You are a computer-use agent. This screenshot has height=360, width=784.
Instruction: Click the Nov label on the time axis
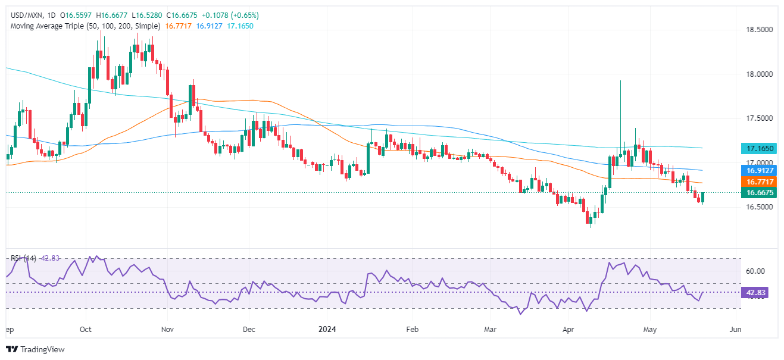167,329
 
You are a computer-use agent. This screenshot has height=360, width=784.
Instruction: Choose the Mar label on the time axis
490,329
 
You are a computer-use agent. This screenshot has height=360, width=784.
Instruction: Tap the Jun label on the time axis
735,329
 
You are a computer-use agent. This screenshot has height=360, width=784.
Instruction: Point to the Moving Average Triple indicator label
83,26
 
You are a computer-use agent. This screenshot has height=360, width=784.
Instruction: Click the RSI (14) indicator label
23,258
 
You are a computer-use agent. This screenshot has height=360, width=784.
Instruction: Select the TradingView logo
35,349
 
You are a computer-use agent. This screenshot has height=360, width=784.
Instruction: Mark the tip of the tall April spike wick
620,81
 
